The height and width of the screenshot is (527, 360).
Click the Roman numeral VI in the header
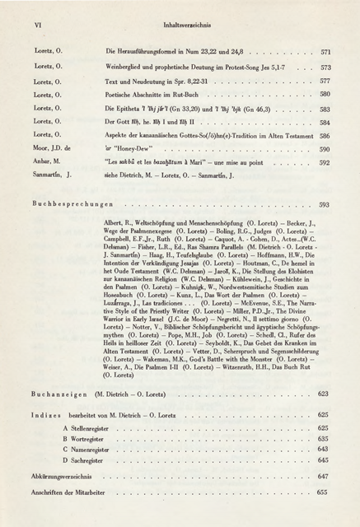[x=37, y=26]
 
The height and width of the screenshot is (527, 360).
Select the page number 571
[x=325, y=51]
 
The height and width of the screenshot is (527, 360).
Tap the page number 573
[x=325, y=67]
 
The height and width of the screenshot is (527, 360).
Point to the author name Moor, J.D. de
[x=55, y=149]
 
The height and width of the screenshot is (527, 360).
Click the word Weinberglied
[x=127, y=67]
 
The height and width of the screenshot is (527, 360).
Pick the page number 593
[x=324, y=203]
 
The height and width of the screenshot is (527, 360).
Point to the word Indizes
[x=49, y=414]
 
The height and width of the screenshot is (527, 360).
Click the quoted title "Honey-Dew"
[x=137, y=149]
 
